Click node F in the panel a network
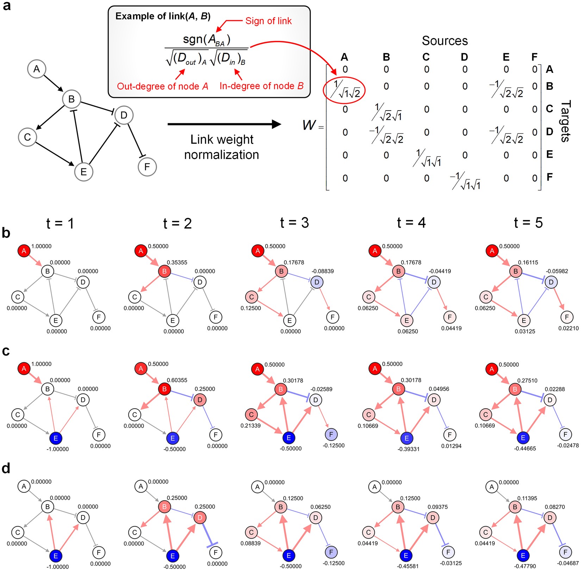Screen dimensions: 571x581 (x=147, y=167)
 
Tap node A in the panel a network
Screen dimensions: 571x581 (x=37, y=69)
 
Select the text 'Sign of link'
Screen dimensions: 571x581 (x=268, y=21)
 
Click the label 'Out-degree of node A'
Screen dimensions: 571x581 (x=162, y=86)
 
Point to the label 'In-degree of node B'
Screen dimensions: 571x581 (x=261, y=86)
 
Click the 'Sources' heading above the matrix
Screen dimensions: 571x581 (x=444, y=41)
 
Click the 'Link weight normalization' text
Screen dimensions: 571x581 (x=221, y=147)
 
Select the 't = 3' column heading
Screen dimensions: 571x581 (x=294, y=223)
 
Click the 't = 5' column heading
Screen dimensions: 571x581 (x=528, y=223)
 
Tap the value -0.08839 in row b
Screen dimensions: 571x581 (x=322, y=271)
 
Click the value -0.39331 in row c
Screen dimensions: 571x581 (x=408, y=449)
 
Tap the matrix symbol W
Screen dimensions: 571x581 (x=309, y=125)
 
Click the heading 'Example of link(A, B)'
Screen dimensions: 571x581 (x=163, y=16)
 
